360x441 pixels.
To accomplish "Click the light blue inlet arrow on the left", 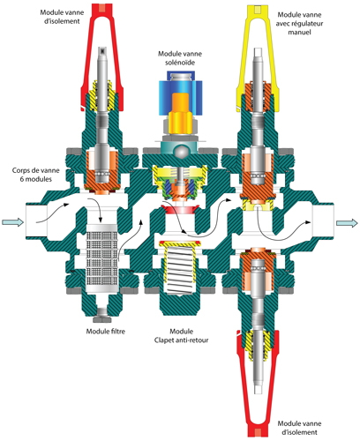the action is tap(12, 222).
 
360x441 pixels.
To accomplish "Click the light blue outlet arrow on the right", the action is tap(347, 223).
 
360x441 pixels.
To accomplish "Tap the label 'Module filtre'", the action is tap(105, 332).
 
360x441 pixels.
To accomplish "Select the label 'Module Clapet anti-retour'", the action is tap(181, 336).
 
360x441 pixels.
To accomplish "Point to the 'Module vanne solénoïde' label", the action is tap(180, 58).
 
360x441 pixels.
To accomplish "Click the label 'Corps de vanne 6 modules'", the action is tap(35, 175).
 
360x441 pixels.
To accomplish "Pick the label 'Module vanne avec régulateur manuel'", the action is tap(299, 23).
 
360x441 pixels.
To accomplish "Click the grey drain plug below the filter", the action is tap(101, 315).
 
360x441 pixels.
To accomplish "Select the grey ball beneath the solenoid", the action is tap(181, 153).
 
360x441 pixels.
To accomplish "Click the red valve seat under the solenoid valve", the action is tap(180, 210).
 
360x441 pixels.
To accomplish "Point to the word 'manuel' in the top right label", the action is tap(299, 32).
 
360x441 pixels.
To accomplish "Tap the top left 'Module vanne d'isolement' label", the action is tap(62, 17).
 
